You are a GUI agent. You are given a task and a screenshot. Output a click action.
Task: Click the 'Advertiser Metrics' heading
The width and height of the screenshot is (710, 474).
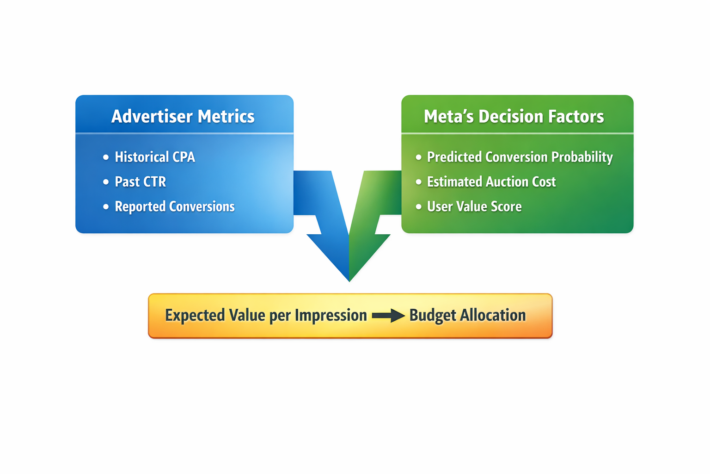183,116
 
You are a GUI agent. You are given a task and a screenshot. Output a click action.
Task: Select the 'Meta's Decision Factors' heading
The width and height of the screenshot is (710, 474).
514,116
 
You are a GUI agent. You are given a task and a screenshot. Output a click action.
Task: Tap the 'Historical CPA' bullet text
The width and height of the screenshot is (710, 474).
155,157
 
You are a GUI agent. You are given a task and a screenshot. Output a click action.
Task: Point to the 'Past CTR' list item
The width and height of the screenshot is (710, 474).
140,181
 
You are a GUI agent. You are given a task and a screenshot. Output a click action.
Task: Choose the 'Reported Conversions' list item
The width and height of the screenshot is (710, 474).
174,206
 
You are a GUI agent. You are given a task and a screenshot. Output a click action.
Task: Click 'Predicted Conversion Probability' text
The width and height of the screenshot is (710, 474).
520,157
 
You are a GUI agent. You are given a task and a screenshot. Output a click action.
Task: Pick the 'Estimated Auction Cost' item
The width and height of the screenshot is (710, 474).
491,181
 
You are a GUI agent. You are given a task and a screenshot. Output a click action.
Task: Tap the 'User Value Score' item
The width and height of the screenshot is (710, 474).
474,206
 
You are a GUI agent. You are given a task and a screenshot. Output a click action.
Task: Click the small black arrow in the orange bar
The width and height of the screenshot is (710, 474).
388,316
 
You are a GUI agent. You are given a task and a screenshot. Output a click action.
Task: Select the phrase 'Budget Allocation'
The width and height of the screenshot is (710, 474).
467,315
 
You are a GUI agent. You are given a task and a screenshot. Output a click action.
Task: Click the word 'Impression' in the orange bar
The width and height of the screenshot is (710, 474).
331,315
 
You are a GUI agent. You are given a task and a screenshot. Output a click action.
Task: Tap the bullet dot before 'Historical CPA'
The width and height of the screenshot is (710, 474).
106,157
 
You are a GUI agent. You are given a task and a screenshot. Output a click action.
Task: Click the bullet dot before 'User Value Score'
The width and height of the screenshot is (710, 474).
418,206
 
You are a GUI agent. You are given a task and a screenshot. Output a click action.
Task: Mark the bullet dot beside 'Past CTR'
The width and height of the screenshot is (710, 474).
106,182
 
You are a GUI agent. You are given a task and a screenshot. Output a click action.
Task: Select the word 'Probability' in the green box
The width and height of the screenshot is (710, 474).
582,157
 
